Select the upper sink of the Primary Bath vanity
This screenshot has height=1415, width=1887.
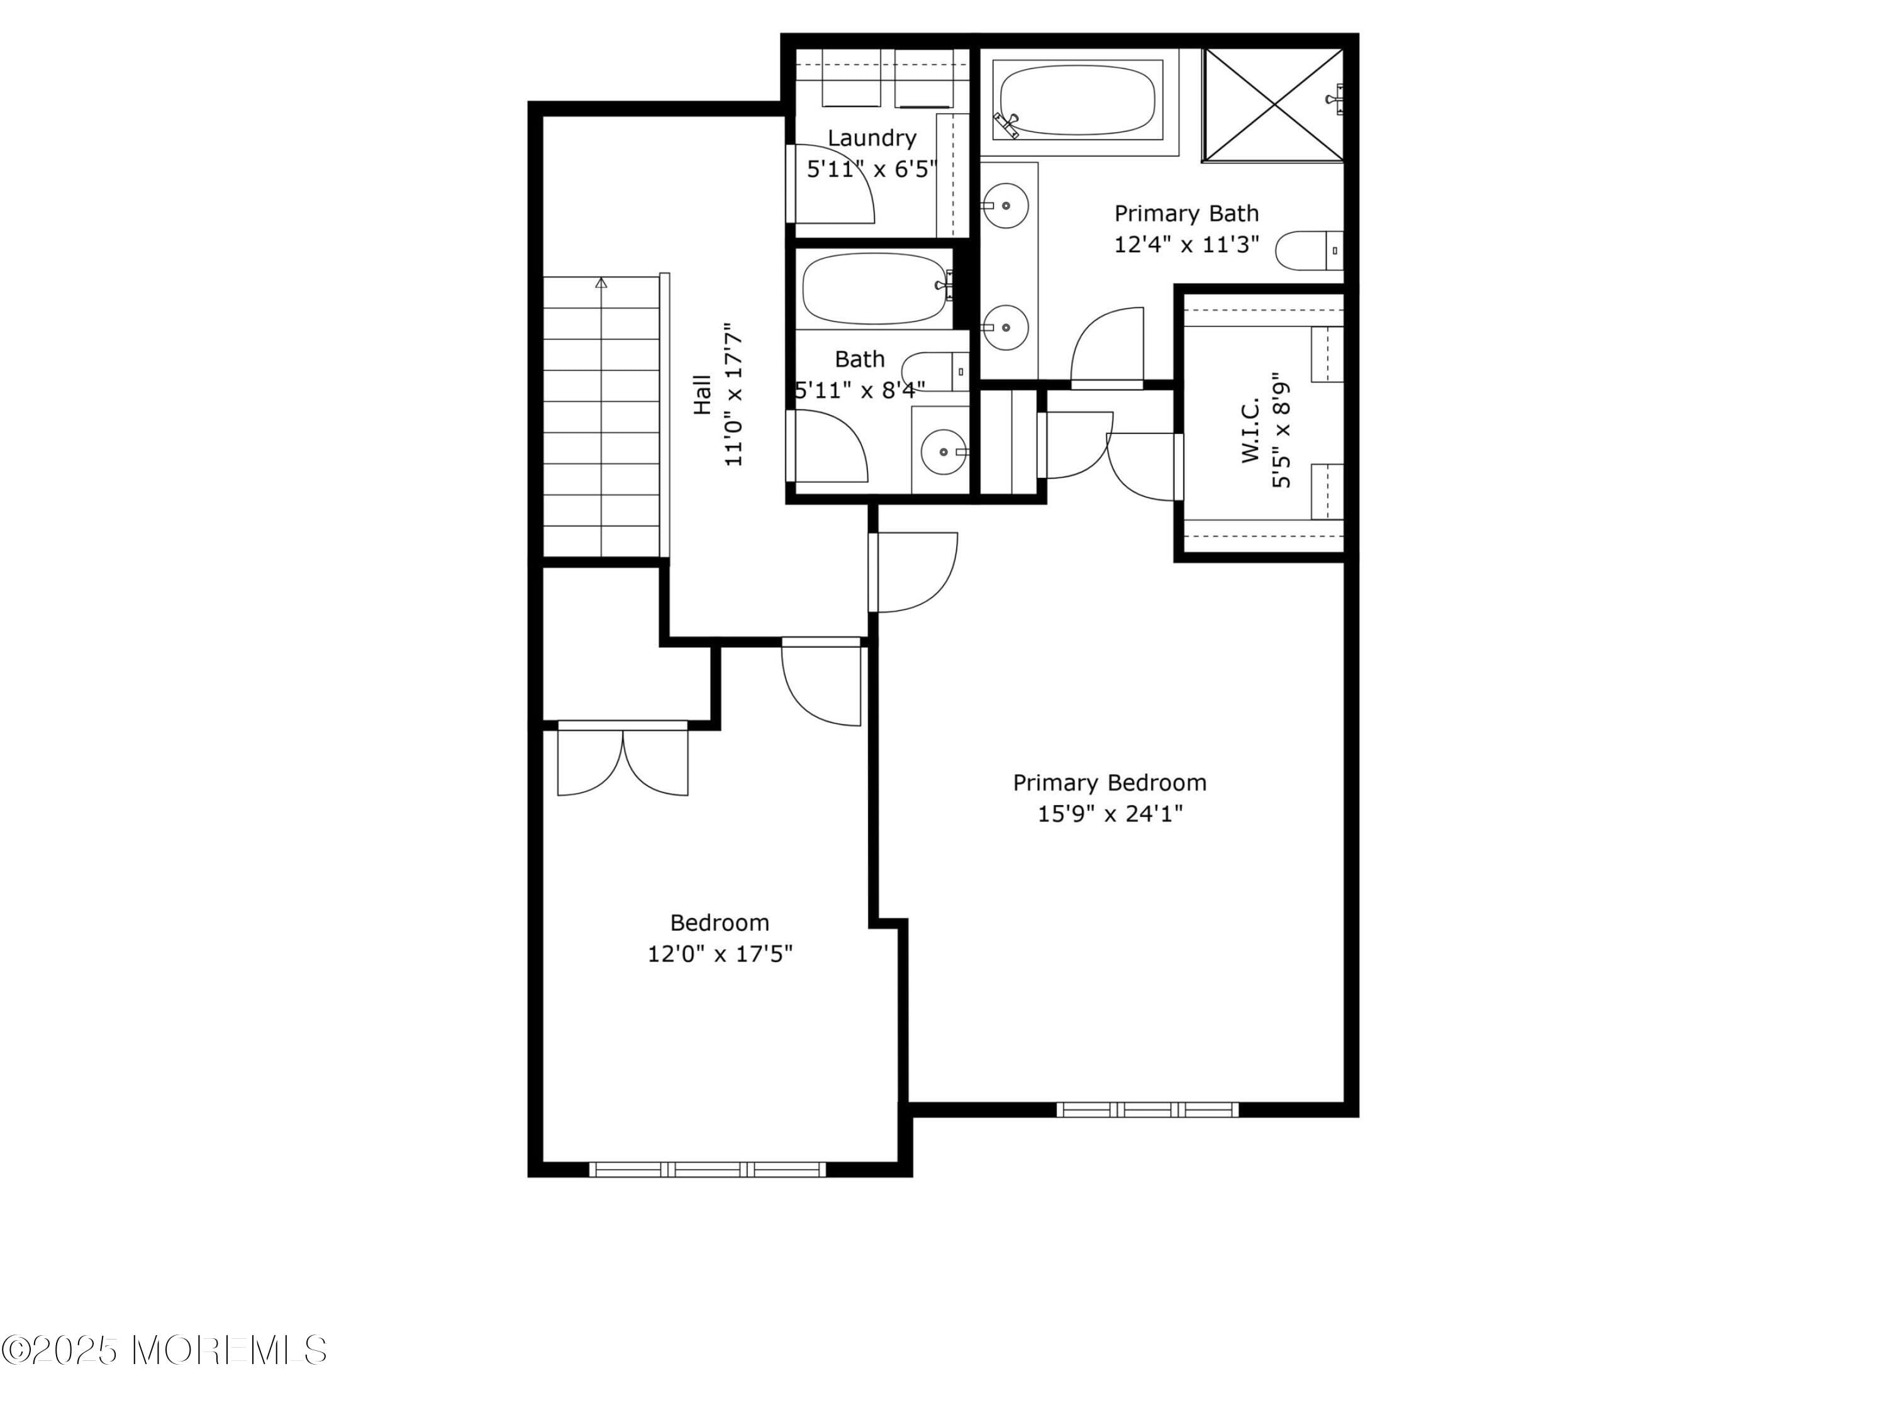tap(1005, 206)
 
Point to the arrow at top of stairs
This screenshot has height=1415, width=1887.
tap(601, 282)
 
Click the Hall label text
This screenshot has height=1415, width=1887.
tap(702, 394)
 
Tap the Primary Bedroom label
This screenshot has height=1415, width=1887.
tap(1109, 782)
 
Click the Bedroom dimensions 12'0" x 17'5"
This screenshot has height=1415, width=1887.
tap(720, 953)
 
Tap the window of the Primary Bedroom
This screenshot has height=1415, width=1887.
tap(1147, 1109)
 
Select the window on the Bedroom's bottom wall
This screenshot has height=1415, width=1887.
tap(707, 1169)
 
